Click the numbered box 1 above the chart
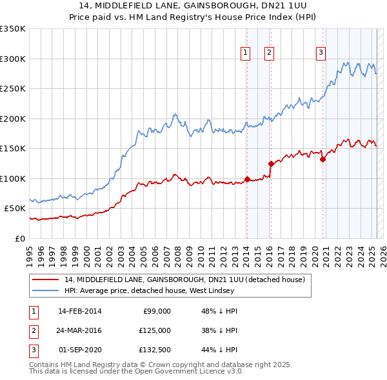(x=246, y=53)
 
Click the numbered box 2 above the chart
(x=269, y=53)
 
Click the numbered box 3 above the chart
(x=321, y=53)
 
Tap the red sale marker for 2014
(x=247, y=179)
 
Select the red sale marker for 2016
(x=271, y=164)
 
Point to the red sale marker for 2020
(x=322, y=159)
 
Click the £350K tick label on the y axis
(x=13, y=29)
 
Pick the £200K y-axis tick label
(x=13, y=119)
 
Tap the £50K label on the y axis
(x=15, y=209)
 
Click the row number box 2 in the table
(x=32, y=330)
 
